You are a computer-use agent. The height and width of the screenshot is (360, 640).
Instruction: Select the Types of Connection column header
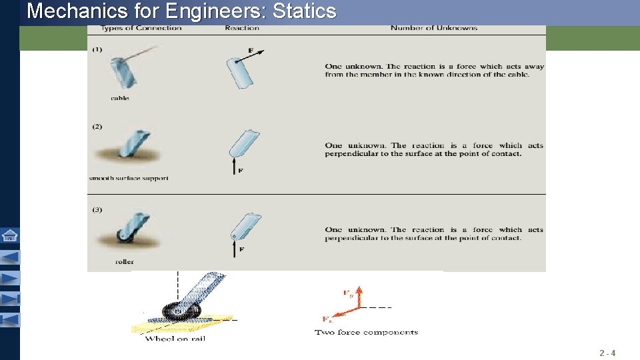pyautogui.click(x=141, y=28)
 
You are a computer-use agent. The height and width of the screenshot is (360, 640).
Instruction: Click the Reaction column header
pyautogui.click(x=242, y=28)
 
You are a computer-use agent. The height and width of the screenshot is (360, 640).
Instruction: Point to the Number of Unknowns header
pyautogui.click(x=433, y=28)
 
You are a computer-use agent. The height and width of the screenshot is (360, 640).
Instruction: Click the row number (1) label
pyautogui.click(x=97, y=50)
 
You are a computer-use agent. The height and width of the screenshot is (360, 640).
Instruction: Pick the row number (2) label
pyautogui.click(x=97, y=127)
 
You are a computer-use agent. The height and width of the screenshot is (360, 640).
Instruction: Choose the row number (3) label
pyautogui.click(x=97, y=210)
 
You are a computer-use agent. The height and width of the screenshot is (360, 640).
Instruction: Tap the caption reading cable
pyautogui.click(x=120, y=98)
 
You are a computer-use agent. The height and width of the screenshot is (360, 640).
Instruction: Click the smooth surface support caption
pyautogui.click(x=129, y=178)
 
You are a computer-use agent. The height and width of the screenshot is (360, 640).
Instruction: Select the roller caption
pyautogui.click(x=125, y=262)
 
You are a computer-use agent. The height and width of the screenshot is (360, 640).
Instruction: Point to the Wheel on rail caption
pyautogui.click(x=175, y=339)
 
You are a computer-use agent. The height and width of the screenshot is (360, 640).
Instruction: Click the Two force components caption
pyautogui.click(x=366, y=332)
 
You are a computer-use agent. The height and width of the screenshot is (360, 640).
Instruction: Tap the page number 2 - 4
pyautogui.click(x=607, y=353)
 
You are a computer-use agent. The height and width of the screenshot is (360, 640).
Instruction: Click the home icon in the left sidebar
pyautogui.click(x=10, y=235)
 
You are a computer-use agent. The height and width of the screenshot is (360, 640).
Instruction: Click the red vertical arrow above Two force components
pyautogui.click(x=359, y=297)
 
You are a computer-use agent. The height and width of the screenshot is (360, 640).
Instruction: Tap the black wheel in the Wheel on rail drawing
pyautogui.click(x=177, y=311)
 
